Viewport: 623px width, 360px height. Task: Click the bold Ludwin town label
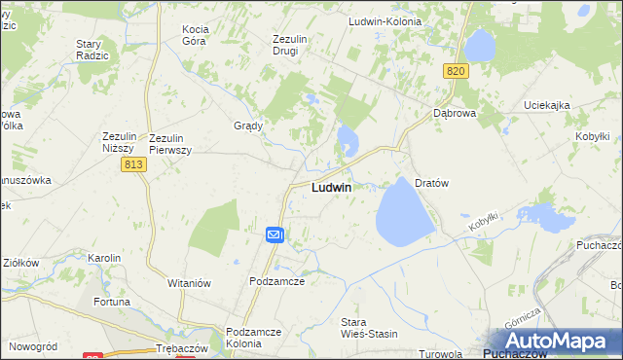(x=332, y=188)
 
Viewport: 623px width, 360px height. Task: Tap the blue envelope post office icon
(x=275, y=234)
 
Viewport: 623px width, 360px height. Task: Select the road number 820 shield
(x=456, y=71)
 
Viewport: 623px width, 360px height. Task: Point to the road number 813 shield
(x=134, y=166)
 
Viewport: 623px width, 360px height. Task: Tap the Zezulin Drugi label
(x=290, y=45)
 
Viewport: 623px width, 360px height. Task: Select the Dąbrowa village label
(x=453, y=113)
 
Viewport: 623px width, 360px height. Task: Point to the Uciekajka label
(x=546, y=105)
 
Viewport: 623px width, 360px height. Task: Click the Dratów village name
(x=431, y=183)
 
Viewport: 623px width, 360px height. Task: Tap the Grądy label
(x=248, y=126)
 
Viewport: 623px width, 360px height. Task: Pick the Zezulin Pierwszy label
(x=170, y=144)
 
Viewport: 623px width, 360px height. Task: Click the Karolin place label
(x=104, y=258)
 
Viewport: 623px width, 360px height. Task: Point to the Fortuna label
(x=112, y=302)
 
